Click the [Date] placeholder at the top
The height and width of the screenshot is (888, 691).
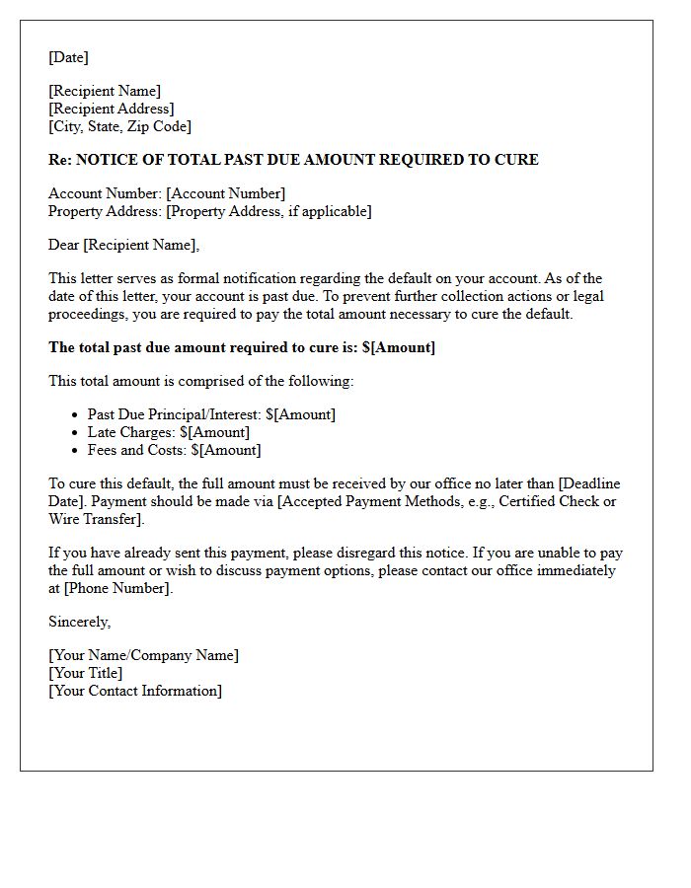[x=68, y=57]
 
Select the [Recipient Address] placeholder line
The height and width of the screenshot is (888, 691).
[x=111, y=109]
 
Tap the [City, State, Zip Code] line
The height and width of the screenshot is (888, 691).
[x=119, y=126]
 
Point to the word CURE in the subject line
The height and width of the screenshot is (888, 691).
[x=516, y=160]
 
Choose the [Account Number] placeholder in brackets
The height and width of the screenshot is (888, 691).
[x=226, y=193]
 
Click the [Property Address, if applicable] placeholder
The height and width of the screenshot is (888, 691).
[x=269, y=211]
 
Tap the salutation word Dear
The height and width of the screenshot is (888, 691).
[x=64, y=245]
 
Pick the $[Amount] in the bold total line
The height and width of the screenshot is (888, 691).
[x=399, y=347]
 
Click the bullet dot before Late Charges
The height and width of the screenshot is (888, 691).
[x=75, y=433]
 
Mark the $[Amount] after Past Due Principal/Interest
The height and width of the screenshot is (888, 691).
[x=300, y=414]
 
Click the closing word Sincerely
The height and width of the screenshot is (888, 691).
[x=79, y=622]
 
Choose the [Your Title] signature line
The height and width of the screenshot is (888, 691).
[x=86, y=673]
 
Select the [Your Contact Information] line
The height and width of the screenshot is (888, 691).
[x=135, y=691]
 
